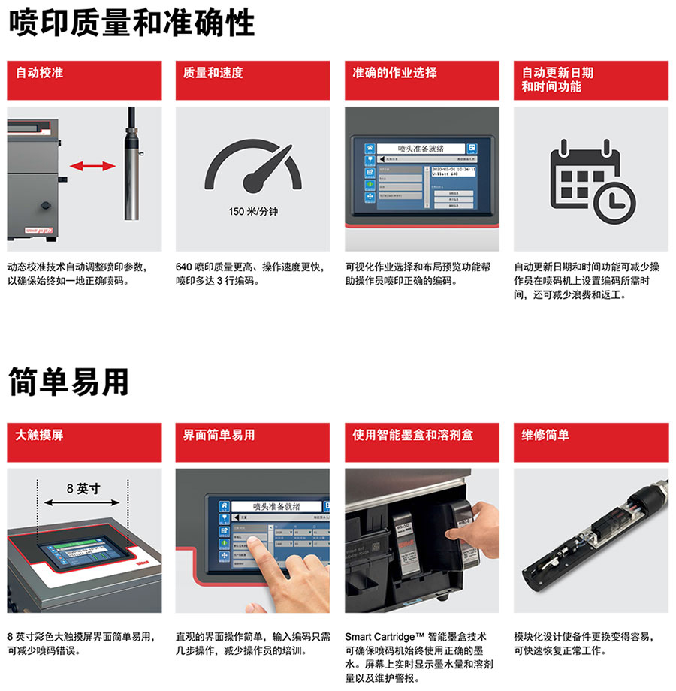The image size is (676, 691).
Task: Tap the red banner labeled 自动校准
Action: [x=84, y=80]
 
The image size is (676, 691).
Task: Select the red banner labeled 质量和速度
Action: [x=252, y=80]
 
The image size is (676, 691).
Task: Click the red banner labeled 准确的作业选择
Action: [x=421, y=80]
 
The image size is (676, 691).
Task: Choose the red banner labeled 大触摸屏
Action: [x=84, y=442]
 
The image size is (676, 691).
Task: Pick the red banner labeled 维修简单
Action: [x=590, y=442]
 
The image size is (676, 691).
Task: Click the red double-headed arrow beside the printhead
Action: [x=88, y=164]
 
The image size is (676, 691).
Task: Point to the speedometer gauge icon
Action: [x=253, y=169]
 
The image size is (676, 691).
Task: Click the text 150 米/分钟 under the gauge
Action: [x=253, y=212]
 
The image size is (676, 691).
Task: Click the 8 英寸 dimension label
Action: [x=83, y=488]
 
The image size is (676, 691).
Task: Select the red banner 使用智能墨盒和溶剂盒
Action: [x=421, y=442]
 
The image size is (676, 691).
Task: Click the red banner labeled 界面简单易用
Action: [x=252, y=442]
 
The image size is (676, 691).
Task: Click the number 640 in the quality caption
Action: [x=184, y=267]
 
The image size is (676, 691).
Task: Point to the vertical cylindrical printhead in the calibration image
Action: [x=131, y=165]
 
